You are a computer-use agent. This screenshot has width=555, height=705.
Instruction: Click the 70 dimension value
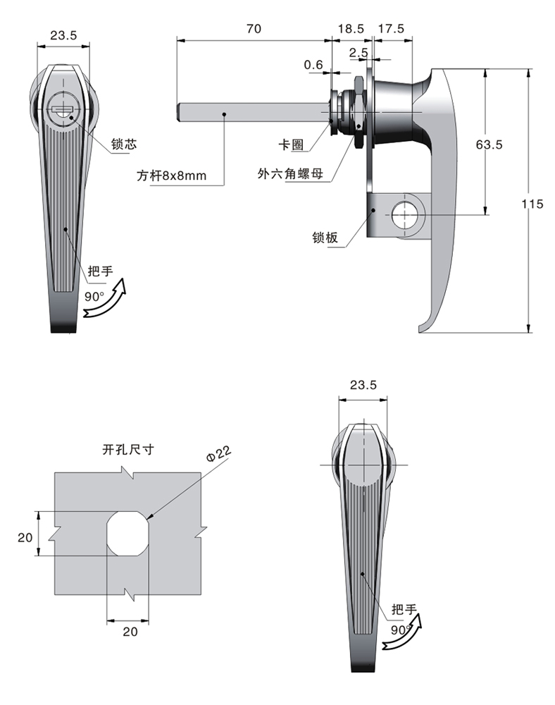(254, 29)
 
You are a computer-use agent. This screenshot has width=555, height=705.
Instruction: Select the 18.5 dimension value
(351, 29)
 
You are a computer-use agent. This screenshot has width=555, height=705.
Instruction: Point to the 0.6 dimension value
(313, 65)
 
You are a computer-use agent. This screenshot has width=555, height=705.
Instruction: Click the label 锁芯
(123, 144)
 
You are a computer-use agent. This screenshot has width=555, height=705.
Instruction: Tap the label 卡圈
(291, 145)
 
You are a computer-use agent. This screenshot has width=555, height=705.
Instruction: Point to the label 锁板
(325, 238)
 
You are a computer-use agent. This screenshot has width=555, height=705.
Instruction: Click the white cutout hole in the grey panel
(128, 533)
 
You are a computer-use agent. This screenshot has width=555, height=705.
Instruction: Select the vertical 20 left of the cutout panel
(25, 537)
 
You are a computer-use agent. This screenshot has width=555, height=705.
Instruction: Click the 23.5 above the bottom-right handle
(363, 385)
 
